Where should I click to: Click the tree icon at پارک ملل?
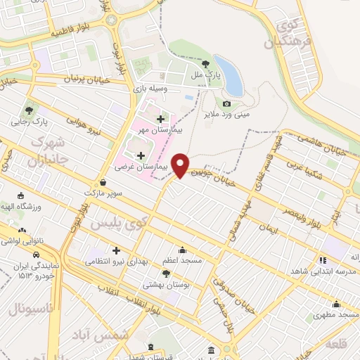point(205,63)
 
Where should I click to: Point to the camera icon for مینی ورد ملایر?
point(226,104)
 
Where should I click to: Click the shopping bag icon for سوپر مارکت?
point(103,182)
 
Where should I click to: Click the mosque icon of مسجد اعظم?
point(183,250)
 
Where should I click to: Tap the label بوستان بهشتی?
point(162,285)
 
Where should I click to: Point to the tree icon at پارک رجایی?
point(29,110)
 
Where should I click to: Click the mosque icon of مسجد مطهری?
point(337,304)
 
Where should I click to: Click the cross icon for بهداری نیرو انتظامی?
point(116,250)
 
